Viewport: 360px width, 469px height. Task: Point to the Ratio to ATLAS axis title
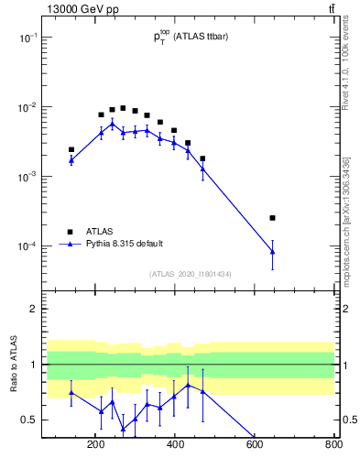click(15, 364)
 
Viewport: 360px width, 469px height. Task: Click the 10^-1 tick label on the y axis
click(47, 38)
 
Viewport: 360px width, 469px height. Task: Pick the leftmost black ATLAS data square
click(71, 149)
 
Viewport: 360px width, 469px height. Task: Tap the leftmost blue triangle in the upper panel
click(71, 159)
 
